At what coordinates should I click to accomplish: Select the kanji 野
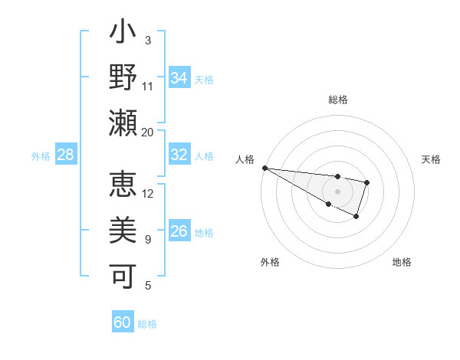click(123, 78)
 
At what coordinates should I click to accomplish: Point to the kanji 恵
click(123, 184)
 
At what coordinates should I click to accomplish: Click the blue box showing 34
click(179, 78)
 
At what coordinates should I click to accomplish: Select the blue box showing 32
click(179, 155)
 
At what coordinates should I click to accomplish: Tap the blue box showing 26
click(179, 231)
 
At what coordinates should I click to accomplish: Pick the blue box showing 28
click(66, 155)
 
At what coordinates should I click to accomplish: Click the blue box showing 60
click(123, 323)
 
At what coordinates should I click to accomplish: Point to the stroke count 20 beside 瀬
click(148, 133)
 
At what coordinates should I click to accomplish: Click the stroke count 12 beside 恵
click(148, 194)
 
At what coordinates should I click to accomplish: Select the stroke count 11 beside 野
click(148, 87)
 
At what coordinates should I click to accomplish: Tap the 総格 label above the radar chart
click(338, 100)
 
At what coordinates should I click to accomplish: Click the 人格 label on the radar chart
click(245, 159)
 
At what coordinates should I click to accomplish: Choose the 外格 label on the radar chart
click(270, 263)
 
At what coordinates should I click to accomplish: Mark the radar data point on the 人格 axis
click(264, 168)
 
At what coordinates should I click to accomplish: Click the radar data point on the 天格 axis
click(367, 182)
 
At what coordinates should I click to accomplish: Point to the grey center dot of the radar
click(337, 191)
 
